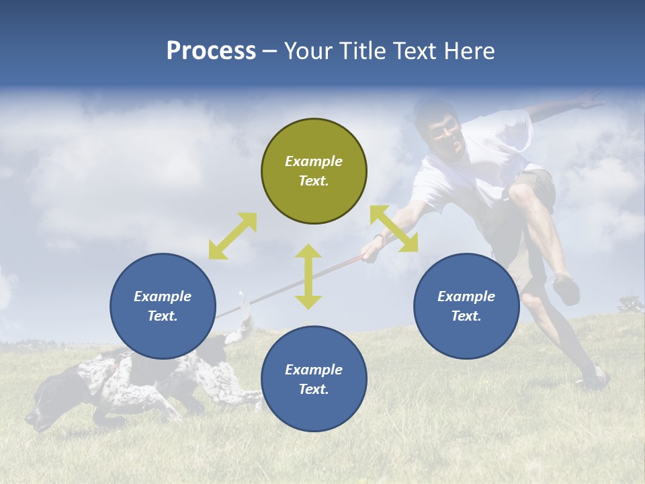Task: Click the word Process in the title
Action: tap(211, 51)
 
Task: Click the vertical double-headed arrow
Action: tap(308, 276)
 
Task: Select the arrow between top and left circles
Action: tap(232, 236)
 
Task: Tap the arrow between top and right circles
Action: tap(394, 229)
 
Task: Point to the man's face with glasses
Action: tap(445, 132)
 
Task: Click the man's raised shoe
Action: tap(566, 289)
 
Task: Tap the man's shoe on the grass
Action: tap(593, 378)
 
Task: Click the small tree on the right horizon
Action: tap(630, 306)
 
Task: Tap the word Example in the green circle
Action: tap(314, 161)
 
